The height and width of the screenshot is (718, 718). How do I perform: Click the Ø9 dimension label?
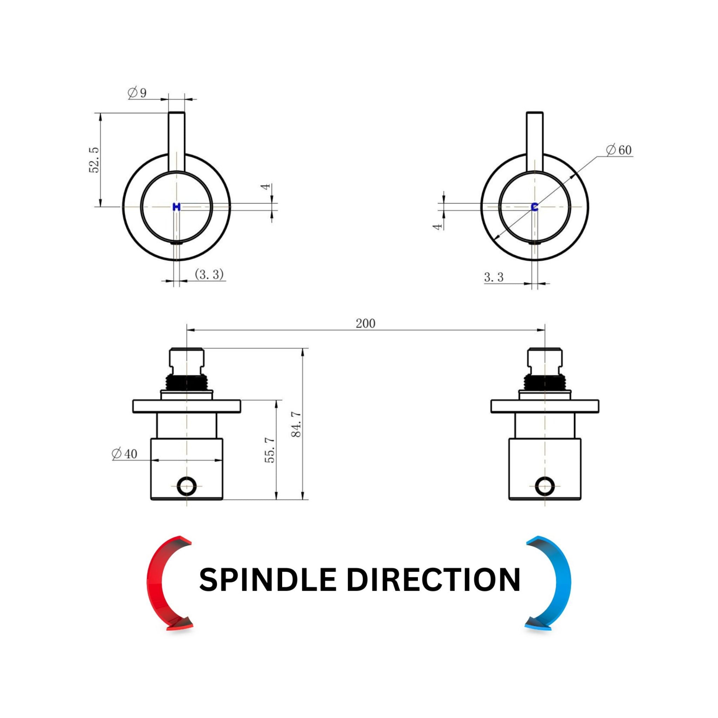(137, 93)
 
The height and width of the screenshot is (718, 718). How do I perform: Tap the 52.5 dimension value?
(94, 160)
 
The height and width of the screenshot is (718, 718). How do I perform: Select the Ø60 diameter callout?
(619, 150)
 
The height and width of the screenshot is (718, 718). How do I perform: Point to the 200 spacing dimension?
(366, 324)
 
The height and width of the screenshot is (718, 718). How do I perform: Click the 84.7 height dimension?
(297, 424)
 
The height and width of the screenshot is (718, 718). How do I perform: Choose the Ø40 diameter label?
(124, 453)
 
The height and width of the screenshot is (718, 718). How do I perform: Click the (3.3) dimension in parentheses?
(209, 274)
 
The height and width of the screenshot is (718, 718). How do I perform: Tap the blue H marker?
(177, 207)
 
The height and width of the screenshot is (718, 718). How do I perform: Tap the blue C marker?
(535, 207)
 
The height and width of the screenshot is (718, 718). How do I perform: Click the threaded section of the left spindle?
(187, 382)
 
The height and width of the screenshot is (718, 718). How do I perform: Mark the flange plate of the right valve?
(545, 406)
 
